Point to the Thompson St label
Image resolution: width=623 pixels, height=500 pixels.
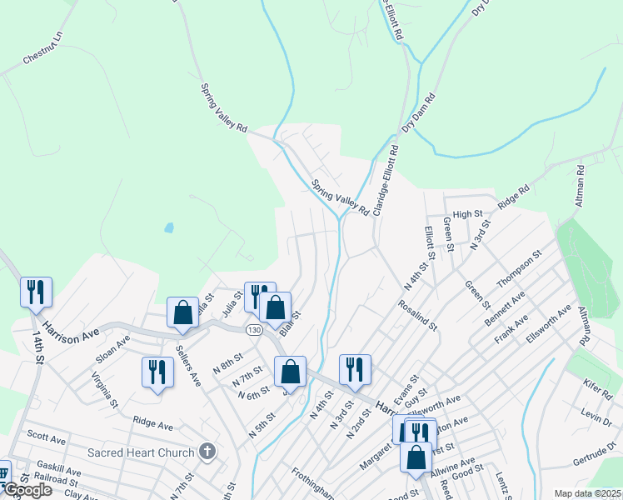(x=520, y=268)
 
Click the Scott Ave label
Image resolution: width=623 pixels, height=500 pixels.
(x=47, y=437)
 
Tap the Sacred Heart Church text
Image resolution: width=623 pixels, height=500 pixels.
(x=142, y=453)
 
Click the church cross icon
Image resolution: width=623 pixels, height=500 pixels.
(x=207, y=452)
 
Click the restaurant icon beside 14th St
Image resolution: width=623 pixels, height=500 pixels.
(x=37, y=292)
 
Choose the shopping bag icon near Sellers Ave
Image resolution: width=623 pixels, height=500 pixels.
(x=182, y=312)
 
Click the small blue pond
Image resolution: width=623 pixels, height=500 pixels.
(x=169, y=227)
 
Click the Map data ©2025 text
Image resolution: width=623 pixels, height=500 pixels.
(x=587, y=493)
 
